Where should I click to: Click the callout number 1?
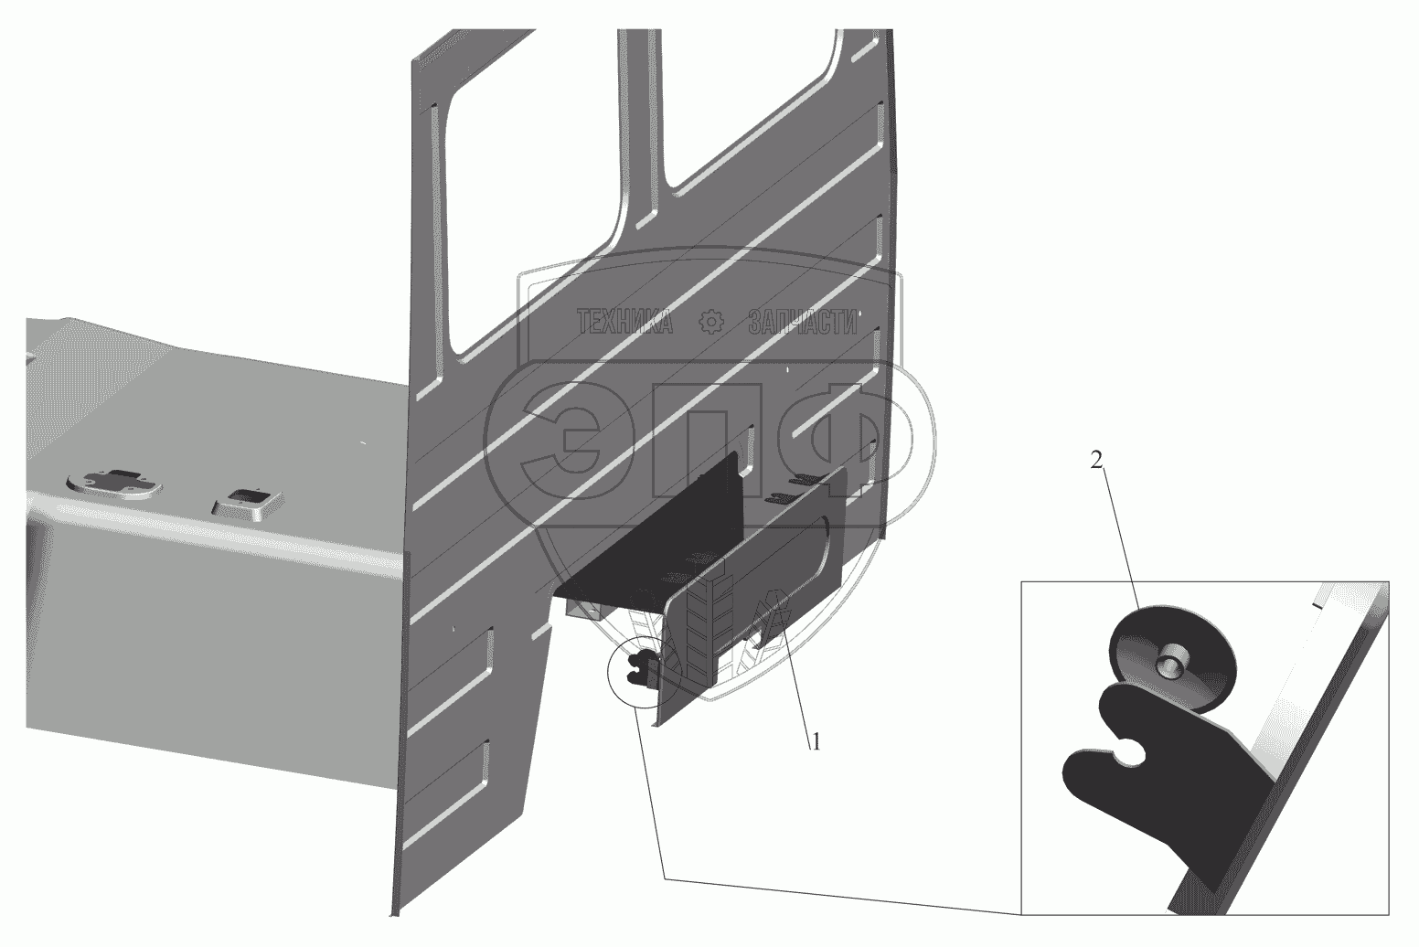(x=816, y=741)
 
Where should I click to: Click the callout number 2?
(x=1096, y=461)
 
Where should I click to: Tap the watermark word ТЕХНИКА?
(x=625, y=322)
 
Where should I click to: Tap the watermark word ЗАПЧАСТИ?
(x=803, y=322)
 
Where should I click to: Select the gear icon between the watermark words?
(x=710, y=323)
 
